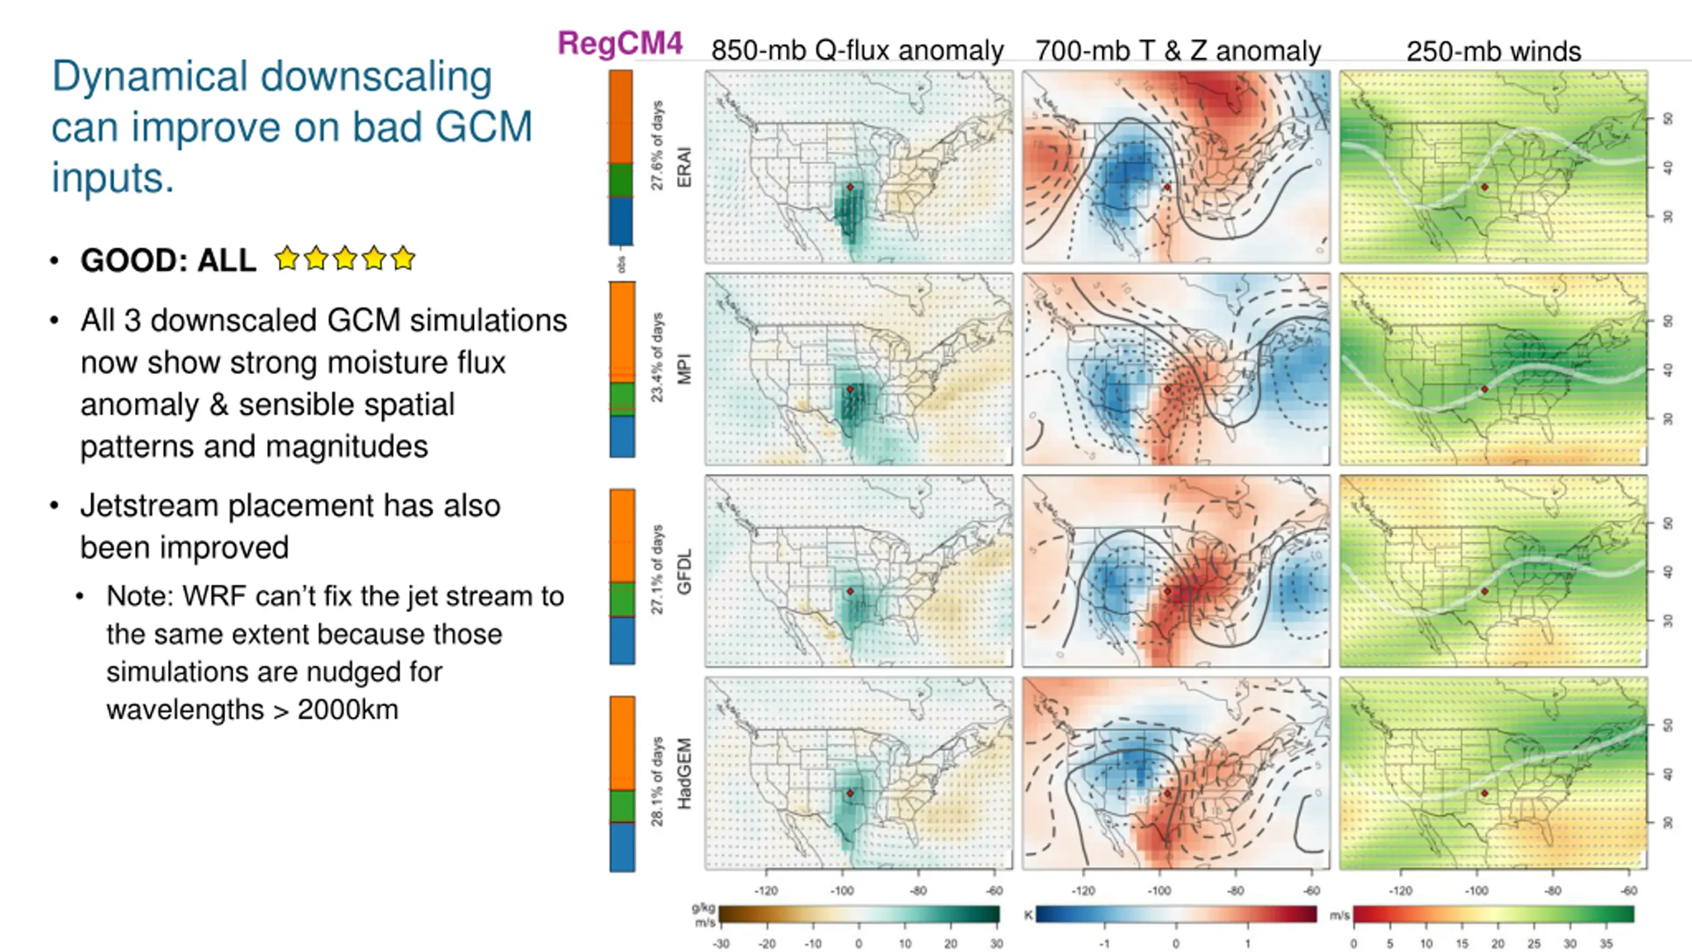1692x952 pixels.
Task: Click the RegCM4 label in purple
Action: coord(620,44)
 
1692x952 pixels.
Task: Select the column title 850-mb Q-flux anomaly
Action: coord(857,51)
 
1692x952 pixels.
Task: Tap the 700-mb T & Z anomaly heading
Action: coord(1177,51)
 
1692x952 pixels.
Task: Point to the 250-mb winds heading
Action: coord(1493,52)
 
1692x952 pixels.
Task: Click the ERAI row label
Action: coord(684,167)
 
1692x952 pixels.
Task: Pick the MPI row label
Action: coord(684,369)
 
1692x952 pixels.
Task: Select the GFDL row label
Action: coord(684,572)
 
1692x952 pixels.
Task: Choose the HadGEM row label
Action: coord(684,773)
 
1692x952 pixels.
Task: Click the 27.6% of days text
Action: coord(656,145)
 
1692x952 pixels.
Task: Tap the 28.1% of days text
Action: coord(656,781)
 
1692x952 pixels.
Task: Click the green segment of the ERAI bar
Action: coord(621,180)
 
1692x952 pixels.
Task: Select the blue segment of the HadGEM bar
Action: coord(622,847)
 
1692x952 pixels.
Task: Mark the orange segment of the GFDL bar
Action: coord(622,535)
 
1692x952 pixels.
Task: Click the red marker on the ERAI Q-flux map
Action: coord(850,187)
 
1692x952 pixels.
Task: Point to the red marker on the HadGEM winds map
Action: coord(1484,793)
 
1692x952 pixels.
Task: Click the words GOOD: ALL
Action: coord(168,260)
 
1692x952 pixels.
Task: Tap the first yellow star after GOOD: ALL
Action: coord(288,258)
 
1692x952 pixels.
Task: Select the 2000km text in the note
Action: coord(348,710)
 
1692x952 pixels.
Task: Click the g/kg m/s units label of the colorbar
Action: coord(703,915)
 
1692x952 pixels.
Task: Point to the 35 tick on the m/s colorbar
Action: coord(1606,943)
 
